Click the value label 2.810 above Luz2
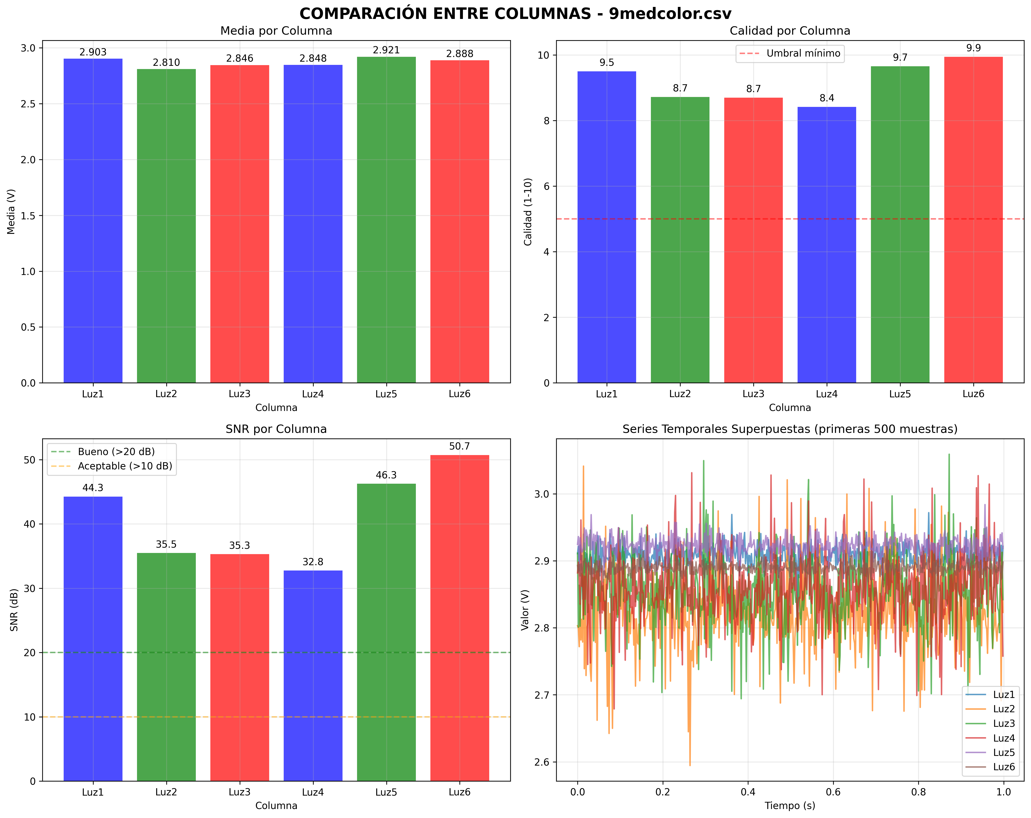click(x=167, y=63)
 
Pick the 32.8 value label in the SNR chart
click(x=313, y=562)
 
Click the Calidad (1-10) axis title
click(x=528, y=211)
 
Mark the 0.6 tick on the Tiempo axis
click(x=833, y=792)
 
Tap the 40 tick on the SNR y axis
click(x=30, y=524)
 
